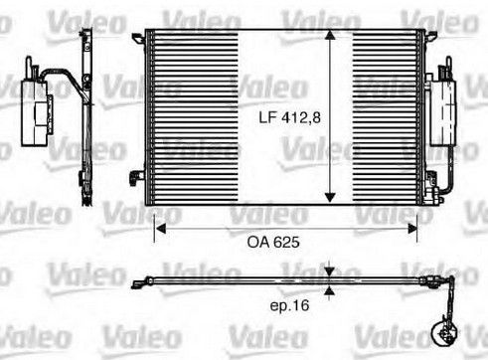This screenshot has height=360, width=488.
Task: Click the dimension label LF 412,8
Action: pyautogui.click(x=289, y=117)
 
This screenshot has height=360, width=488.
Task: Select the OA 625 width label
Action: pyautogui.click(x=273, y=243)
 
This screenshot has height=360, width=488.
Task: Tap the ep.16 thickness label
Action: pyautogui.click(x=289, y=305)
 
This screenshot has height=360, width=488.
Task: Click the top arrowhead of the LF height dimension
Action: pyautogui.click(x=330, y=36)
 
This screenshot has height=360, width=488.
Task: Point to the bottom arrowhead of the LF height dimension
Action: pyautogui.click(x=330, y=197)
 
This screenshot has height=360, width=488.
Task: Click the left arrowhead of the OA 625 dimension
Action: pyautogui.click(x=160, y=229)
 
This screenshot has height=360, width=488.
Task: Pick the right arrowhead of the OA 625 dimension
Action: pyautogui.click(x=411, y=229)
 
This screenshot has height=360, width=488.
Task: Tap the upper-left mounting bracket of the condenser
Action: pyautogui.click(x=138, y=38)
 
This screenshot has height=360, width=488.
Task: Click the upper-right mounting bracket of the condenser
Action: pyautogui.click(x=429, y=37)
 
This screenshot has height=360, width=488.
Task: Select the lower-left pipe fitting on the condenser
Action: pyautogui.click(x=136, y=177)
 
